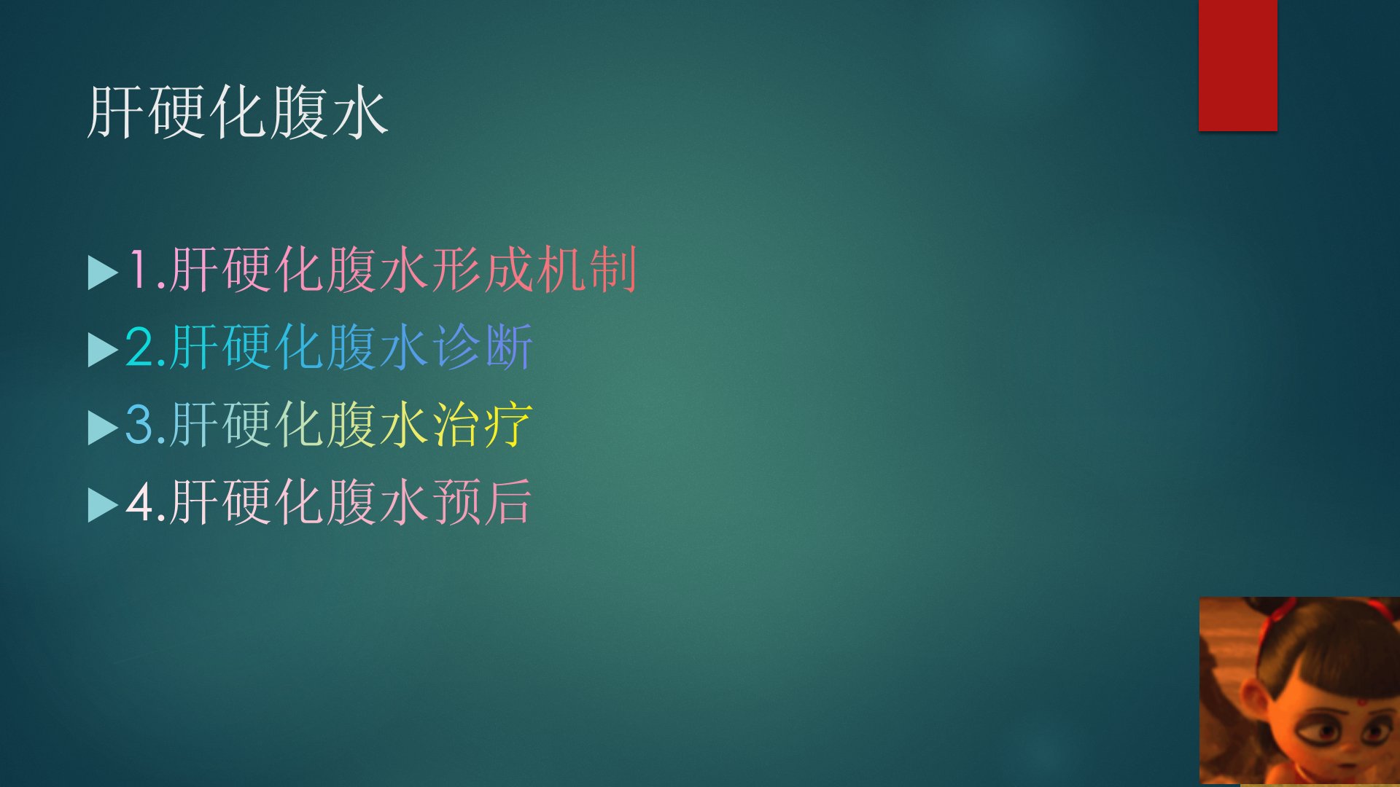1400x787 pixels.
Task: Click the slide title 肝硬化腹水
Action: (x=237, y=113)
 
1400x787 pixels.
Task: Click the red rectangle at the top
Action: (x=1237, y=66)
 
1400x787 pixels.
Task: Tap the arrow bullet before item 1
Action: (x=102, y=273)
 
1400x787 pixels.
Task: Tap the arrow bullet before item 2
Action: (x=102, y=350)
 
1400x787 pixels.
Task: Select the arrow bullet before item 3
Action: (x=102, y=428)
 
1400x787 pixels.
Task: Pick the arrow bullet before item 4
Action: (x=102, y=505)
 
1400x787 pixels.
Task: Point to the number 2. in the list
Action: (x=146, y=348)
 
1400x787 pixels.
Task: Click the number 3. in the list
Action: (x=146, y=425)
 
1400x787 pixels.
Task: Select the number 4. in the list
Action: (x=146, y=502)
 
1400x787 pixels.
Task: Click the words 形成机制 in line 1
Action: (x=534, y=270)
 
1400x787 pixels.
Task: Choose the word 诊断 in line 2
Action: (x=483, y=347)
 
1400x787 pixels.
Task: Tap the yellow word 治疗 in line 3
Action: (x=483, y=424)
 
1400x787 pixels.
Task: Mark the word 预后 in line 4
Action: (x=483, y=501)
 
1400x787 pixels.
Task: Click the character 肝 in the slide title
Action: (x=115, y=113)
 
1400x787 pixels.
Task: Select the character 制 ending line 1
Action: (x=613, y=270)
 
